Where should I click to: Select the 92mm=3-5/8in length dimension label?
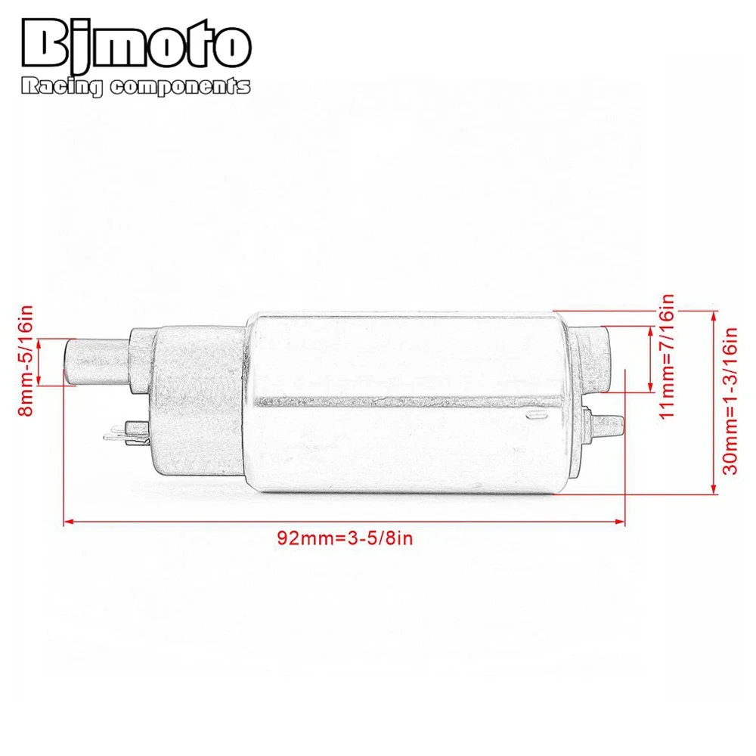[347, 538]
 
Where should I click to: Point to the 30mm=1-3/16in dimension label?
[730, 401]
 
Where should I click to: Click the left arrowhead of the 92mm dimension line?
[67, 521]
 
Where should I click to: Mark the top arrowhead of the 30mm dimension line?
[714, 313]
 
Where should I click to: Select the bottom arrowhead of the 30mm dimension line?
[714, 491]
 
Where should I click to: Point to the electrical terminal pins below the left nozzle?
[121, 434]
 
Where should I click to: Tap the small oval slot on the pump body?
[534, 414]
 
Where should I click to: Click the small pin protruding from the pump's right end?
[609, 424]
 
